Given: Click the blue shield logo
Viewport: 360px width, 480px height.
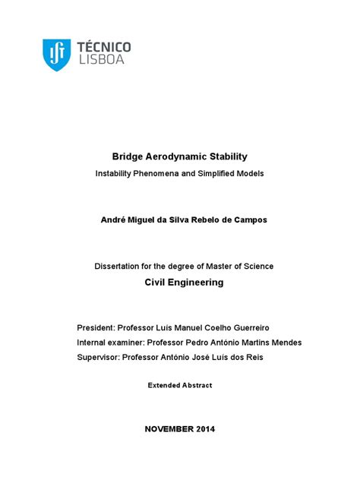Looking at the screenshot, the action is pyautogui.click(x=56, y=55).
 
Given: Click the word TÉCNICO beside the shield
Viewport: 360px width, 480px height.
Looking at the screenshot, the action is pyautogui.click(x=104, y=48).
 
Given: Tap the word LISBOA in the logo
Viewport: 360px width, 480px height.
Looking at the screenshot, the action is pyautogui.click(x=99, y=61).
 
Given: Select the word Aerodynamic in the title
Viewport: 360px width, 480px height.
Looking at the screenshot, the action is pyautogui.click(x=172, y=156).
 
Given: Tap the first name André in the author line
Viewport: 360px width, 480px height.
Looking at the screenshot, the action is pyautogui.click(x=113, y=219).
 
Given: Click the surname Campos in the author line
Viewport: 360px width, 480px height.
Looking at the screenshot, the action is pyautogui.click(x=249, y=219).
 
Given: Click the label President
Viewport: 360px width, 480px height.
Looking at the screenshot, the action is pyautogui.click(x=97, y=327).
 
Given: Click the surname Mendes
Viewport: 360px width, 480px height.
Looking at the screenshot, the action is pyautogui.click(x=286, y=343).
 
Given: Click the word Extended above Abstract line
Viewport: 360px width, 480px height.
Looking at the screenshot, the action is pyautogui.click(x=165, y=386).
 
